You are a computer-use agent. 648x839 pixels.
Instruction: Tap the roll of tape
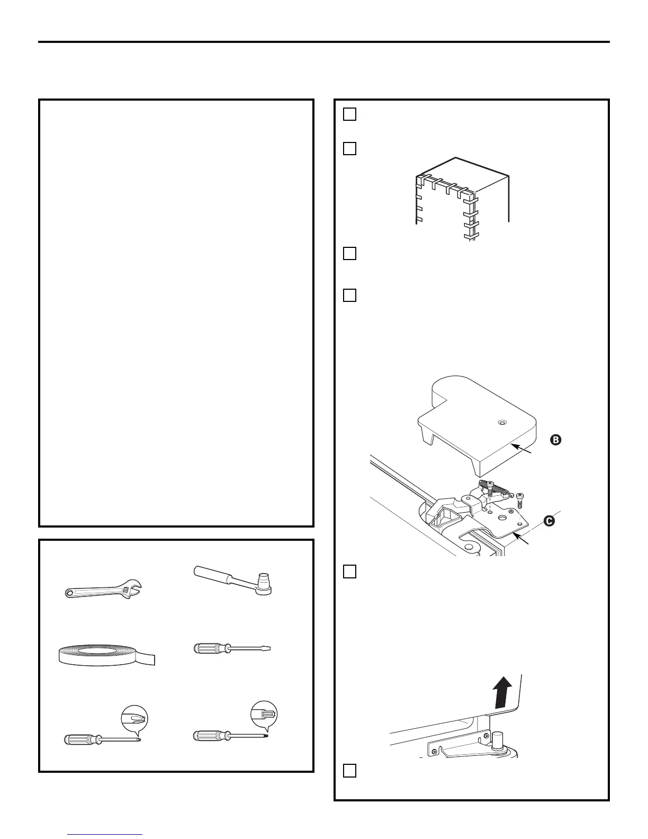(x=106, y=655)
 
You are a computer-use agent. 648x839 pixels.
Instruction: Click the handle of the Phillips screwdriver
(x=79, y=739)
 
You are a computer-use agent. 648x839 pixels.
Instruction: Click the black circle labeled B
(x=555, y=439)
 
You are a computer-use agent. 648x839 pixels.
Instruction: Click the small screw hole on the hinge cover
(x=502, y=422)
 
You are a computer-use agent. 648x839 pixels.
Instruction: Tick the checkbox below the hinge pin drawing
(x=349, y=770)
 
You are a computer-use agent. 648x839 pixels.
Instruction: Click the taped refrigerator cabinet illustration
(x=462, y=198)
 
